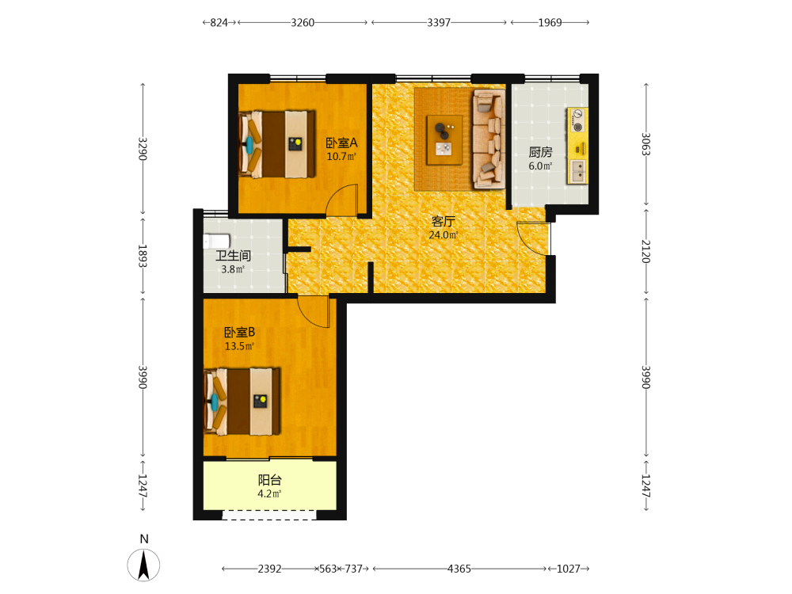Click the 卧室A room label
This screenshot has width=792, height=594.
click(x=341, y=143)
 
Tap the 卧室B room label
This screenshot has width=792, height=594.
click(x=239, y=333)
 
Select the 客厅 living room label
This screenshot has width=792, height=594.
click(x=444, y=221)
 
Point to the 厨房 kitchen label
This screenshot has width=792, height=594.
click(x=540, y=152)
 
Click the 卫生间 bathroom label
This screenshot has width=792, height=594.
click(x=233, y=256)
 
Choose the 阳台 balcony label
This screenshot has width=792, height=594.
click(x=270, y=480)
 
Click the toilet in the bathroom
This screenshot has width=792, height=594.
click(x=216, y=242)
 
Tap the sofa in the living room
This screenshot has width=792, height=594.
click(x=489, y=139)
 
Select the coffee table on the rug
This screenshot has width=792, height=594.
click(x=444, y=140)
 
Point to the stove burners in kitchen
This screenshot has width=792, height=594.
click(x=578, y=120)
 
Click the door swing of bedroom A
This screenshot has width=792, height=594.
click(x=342, y=200)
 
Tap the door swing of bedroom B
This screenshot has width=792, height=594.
click(x=314, y=312)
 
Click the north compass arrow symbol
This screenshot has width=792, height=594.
click(x=143, y=565)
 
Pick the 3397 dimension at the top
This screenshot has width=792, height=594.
click(x=439, y=23)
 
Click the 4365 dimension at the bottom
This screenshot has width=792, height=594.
click(x=459, y=569)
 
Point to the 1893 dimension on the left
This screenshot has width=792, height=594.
click(x=143, y=256)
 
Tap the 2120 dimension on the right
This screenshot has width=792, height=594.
click(x=645, y=251)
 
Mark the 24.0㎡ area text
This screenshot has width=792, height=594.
click(x=444, y=235)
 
